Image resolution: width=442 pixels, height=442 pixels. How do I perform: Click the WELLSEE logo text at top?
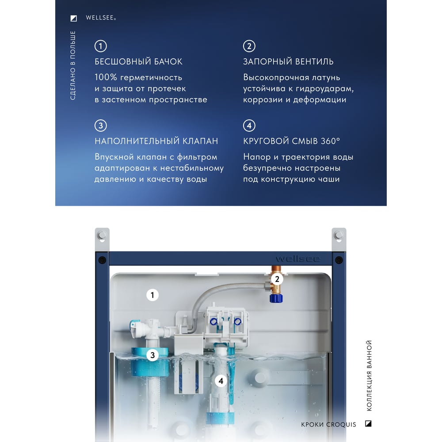click(x=101, y=18)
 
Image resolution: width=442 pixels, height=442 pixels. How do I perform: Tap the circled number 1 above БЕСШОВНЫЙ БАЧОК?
click(x=101, y=46)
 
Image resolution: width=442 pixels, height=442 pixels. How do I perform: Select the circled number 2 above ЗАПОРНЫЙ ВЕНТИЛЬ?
click(x=249, y=46)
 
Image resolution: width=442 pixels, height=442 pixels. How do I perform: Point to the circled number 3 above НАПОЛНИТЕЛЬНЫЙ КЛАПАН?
click(x=101, y=126)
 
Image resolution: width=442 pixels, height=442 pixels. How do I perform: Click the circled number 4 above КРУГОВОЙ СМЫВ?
click(x=249, y=126)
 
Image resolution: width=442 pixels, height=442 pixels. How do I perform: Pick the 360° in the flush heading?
click(x=330, y=141)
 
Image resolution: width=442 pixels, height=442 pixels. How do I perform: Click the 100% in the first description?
click(x=106, y=77)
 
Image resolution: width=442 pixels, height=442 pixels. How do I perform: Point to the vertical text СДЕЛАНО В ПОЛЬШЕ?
click(x=73, y=65)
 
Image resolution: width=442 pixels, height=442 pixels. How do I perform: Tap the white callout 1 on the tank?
click(x=152, y=295)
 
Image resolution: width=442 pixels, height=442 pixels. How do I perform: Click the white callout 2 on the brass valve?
click(x=277, y=279)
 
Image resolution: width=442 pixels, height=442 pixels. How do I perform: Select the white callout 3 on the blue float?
click(x=152, y=355)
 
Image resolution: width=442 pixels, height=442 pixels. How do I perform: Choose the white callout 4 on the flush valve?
click(x=221, y=381)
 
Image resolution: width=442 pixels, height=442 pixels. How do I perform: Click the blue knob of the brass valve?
click(x=276, y=298)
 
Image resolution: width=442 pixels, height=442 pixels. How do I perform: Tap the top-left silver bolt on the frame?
click(x=102, y=235)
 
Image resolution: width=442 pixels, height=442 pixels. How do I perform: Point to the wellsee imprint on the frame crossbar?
click(x=297, y=259)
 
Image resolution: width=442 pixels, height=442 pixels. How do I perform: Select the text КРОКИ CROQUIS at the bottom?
click(x=328, y=424)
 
